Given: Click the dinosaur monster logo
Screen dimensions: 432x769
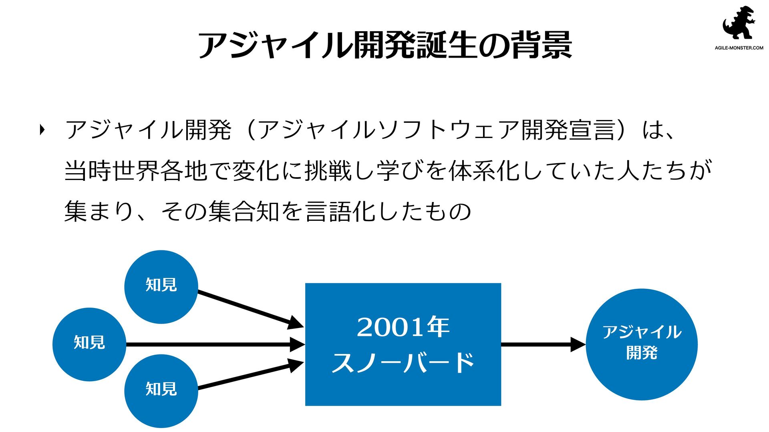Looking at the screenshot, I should tap(739, 23).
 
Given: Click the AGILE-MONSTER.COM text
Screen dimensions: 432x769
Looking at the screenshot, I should tap(739, 48).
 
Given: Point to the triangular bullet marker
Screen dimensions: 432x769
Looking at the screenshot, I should tap(42, 130).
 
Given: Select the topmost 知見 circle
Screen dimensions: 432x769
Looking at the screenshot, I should tap(161, 286).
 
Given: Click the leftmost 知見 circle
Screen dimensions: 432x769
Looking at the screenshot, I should tap(89, 344).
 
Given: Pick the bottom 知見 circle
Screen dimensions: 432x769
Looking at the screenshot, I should tap(161, 390).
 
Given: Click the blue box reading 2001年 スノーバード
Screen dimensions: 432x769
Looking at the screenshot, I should tap(403, 344).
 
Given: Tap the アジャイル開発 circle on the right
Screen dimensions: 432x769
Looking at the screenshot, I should tap(641, 344).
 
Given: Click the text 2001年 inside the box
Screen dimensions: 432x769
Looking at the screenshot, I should tap(403, 327).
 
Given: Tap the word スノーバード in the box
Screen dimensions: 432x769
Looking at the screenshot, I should tap(403, 362).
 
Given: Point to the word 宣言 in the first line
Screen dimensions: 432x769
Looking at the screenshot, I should tap(592, 130).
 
